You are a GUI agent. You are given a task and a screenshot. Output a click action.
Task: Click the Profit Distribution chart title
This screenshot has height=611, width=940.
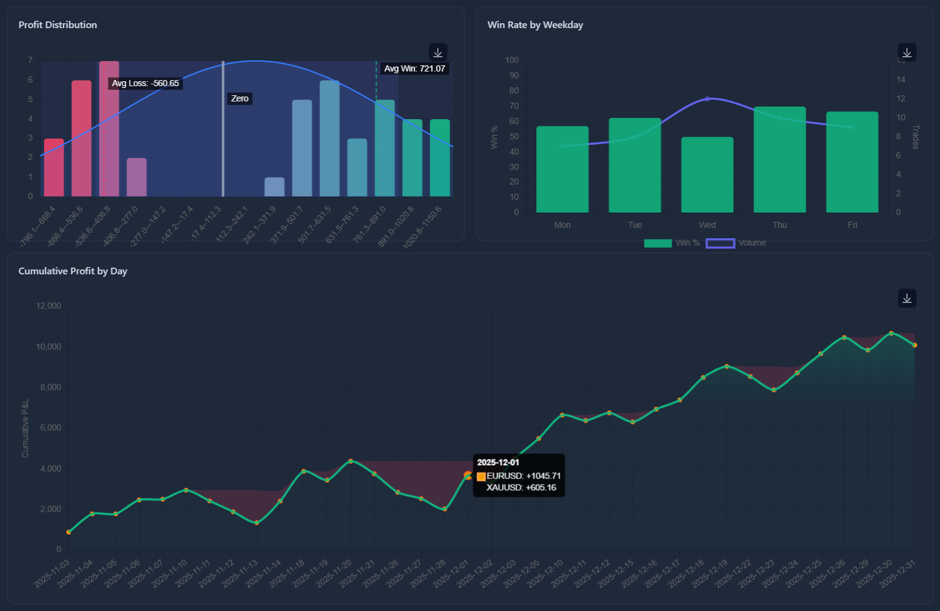57,25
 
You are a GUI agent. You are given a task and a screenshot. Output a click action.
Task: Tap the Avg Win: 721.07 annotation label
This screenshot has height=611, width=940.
415,68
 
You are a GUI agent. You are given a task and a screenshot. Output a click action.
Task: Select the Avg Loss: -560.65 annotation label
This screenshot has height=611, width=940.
146,83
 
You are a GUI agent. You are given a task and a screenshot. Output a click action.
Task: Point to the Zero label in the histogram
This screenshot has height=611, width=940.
240,98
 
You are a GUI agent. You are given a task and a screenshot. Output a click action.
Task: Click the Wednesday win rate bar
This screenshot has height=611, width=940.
707,175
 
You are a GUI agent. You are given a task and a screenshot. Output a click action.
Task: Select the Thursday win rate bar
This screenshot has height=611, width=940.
780,160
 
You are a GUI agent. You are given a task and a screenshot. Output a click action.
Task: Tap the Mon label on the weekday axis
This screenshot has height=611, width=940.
562,225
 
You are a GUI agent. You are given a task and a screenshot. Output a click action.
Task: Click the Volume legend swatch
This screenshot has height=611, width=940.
720,243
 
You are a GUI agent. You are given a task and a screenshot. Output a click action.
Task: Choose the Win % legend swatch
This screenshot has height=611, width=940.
658,243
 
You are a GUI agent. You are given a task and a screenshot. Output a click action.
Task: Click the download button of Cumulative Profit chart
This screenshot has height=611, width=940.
907,298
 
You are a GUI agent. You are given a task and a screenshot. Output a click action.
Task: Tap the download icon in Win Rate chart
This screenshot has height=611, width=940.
907,53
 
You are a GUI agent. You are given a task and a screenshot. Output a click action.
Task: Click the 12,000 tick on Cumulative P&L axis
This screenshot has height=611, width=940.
49,306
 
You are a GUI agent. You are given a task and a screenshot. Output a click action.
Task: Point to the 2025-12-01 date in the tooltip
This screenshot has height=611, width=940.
498,463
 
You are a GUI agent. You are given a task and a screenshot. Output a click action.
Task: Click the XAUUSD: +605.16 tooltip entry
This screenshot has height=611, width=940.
521,488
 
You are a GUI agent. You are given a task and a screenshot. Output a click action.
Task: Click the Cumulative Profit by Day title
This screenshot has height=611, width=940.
73,271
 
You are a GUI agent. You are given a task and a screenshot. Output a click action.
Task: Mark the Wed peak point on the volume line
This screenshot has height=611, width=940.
708,99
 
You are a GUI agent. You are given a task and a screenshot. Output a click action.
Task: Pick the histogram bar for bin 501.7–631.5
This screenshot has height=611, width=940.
330,139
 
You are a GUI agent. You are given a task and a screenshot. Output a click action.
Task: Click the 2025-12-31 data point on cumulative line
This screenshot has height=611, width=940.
915,345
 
